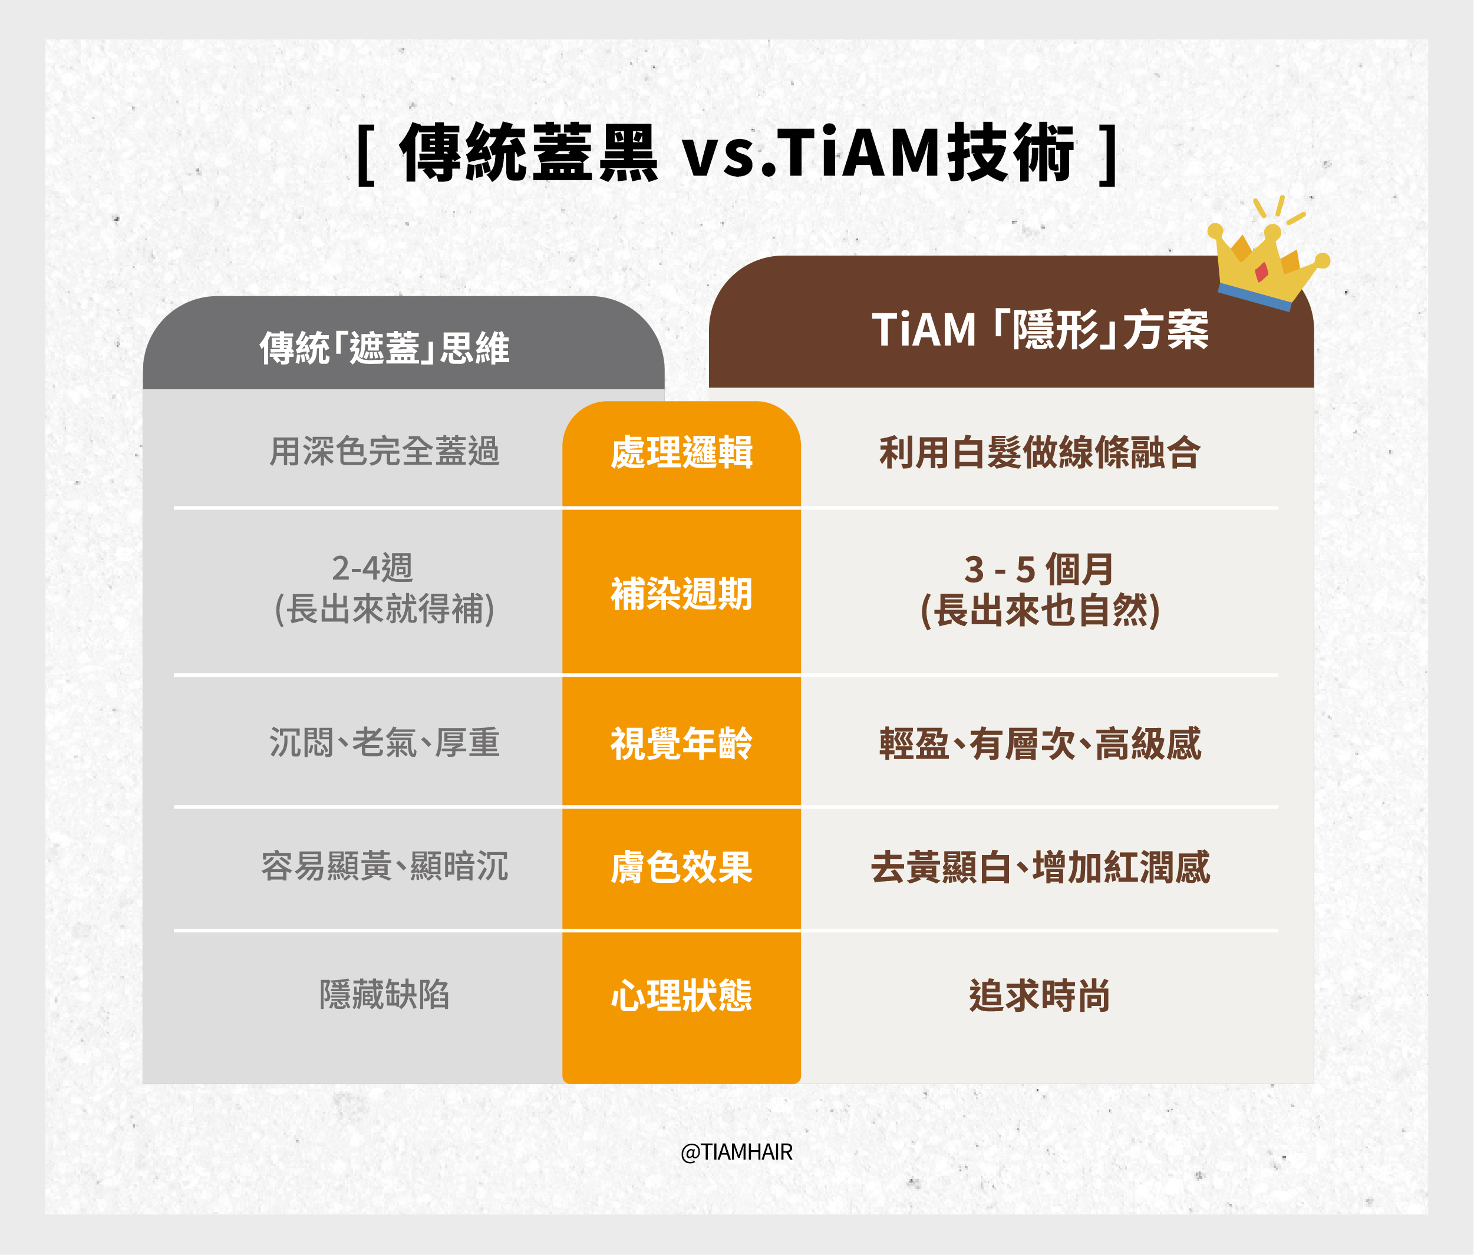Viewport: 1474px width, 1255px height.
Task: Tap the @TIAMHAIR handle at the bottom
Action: pyautogui.click(x=736, y=1151)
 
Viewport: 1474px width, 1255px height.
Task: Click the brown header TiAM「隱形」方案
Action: pyautogui.click(x=1040, y=330)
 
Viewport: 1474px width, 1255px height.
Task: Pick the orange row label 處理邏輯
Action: pyautogui.click(x=681, y=452)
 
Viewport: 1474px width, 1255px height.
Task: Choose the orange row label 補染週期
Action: pyautogui.click(x=681, y=594)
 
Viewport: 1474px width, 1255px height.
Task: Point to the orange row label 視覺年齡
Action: pyautogui.click(x=681, y=743)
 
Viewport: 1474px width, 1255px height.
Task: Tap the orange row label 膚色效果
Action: pyautogui.click(x=681, y=867)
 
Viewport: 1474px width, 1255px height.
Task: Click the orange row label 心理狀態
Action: pyautogui.click(x=681, y=995)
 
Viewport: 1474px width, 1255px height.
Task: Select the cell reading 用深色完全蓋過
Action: pyautogui.click(x=384, y=452)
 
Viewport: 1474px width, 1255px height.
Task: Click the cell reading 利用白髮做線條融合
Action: pyautogui.click(x=1040, y=452)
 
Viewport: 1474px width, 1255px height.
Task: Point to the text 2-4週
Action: pyautogui.click(x=372, y=567)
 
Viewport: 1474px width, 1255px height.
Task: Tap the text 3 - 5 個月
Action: pyautogui.click(x=1038, y=569)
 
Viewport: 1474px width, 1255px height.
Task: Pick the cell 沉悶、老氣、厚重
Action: pyautogui.click(x=384, y=742)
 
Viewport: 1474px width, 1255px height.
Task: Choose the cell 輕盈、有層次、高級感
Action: pyautogui.click(x=1040, y=743)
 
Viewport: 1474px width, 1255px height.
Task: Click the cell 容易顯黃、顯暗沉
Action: pyautogui.click(x=384, y=866)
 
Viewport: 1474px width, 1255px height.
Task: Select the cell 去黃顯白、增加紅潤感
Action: pyautogui.click(x=1040, y=867)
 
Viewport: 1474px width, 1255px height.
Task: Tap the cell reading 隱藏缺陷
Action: pyautogui.click(x=384, y=994)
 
